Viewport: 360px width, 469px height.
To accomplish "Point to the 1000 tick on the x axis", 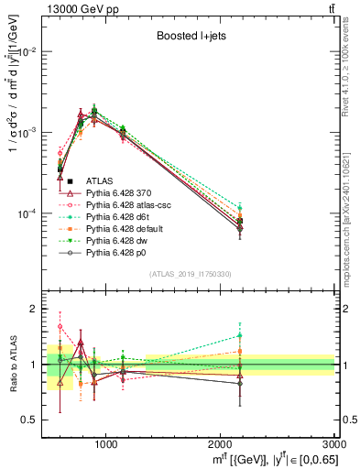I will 105,443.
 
